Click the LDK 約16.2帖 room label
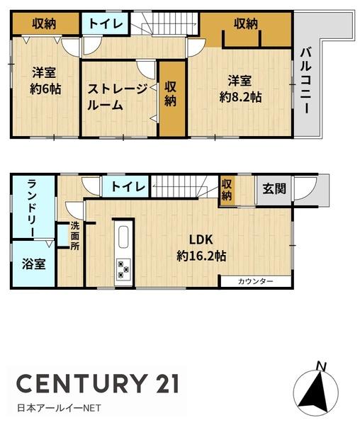click(x=201, y=248)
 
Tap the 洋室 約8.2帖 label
click(x=240, y=89)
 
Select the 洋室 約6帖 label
click(x=45, y=81)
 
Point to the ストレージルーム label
click(x=117, y=97)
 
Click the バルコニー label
click(x=305, y=81)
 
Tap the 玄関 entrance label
click(x=274, y=188)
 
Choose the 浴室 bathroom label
click(x=33, y=263)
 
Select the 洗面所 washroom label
click(x=75, y=236)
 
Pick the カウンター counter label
click(x=255, y=281)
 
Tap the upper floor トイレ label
click(x=106, y=23)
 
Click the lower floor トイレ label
click(x=128, y=186)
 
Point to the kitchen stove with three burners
click(x=123, y=269)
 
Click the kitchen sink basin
click(x=123, y=237)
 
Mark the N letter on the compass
click(x=322, y=366)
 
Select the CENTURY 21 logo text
click(x=98, y=383)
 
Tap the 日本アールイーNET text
click(x=59, y=408)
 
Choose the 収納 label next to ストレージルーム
click(x=171, y=94)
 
